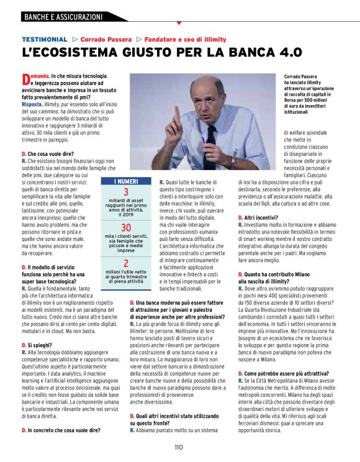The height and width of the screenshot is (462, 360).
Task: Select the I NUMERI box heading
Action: (x=126, y=181)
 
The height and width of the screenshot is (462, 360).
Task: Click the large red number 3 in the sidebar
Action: (x=126, y=192)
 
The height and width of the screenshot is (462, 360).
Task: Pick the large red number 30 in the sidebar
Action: (x=126, y=228)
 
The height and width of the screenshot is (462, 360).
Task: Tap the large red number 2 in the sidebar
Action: (x=126, y=263)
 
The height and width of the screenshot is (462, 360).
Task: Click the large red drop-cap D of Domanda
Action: (x=25, y=79)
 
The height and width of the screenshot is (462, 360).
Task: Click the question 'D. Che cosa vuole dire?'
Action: (x=47, y=153)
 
